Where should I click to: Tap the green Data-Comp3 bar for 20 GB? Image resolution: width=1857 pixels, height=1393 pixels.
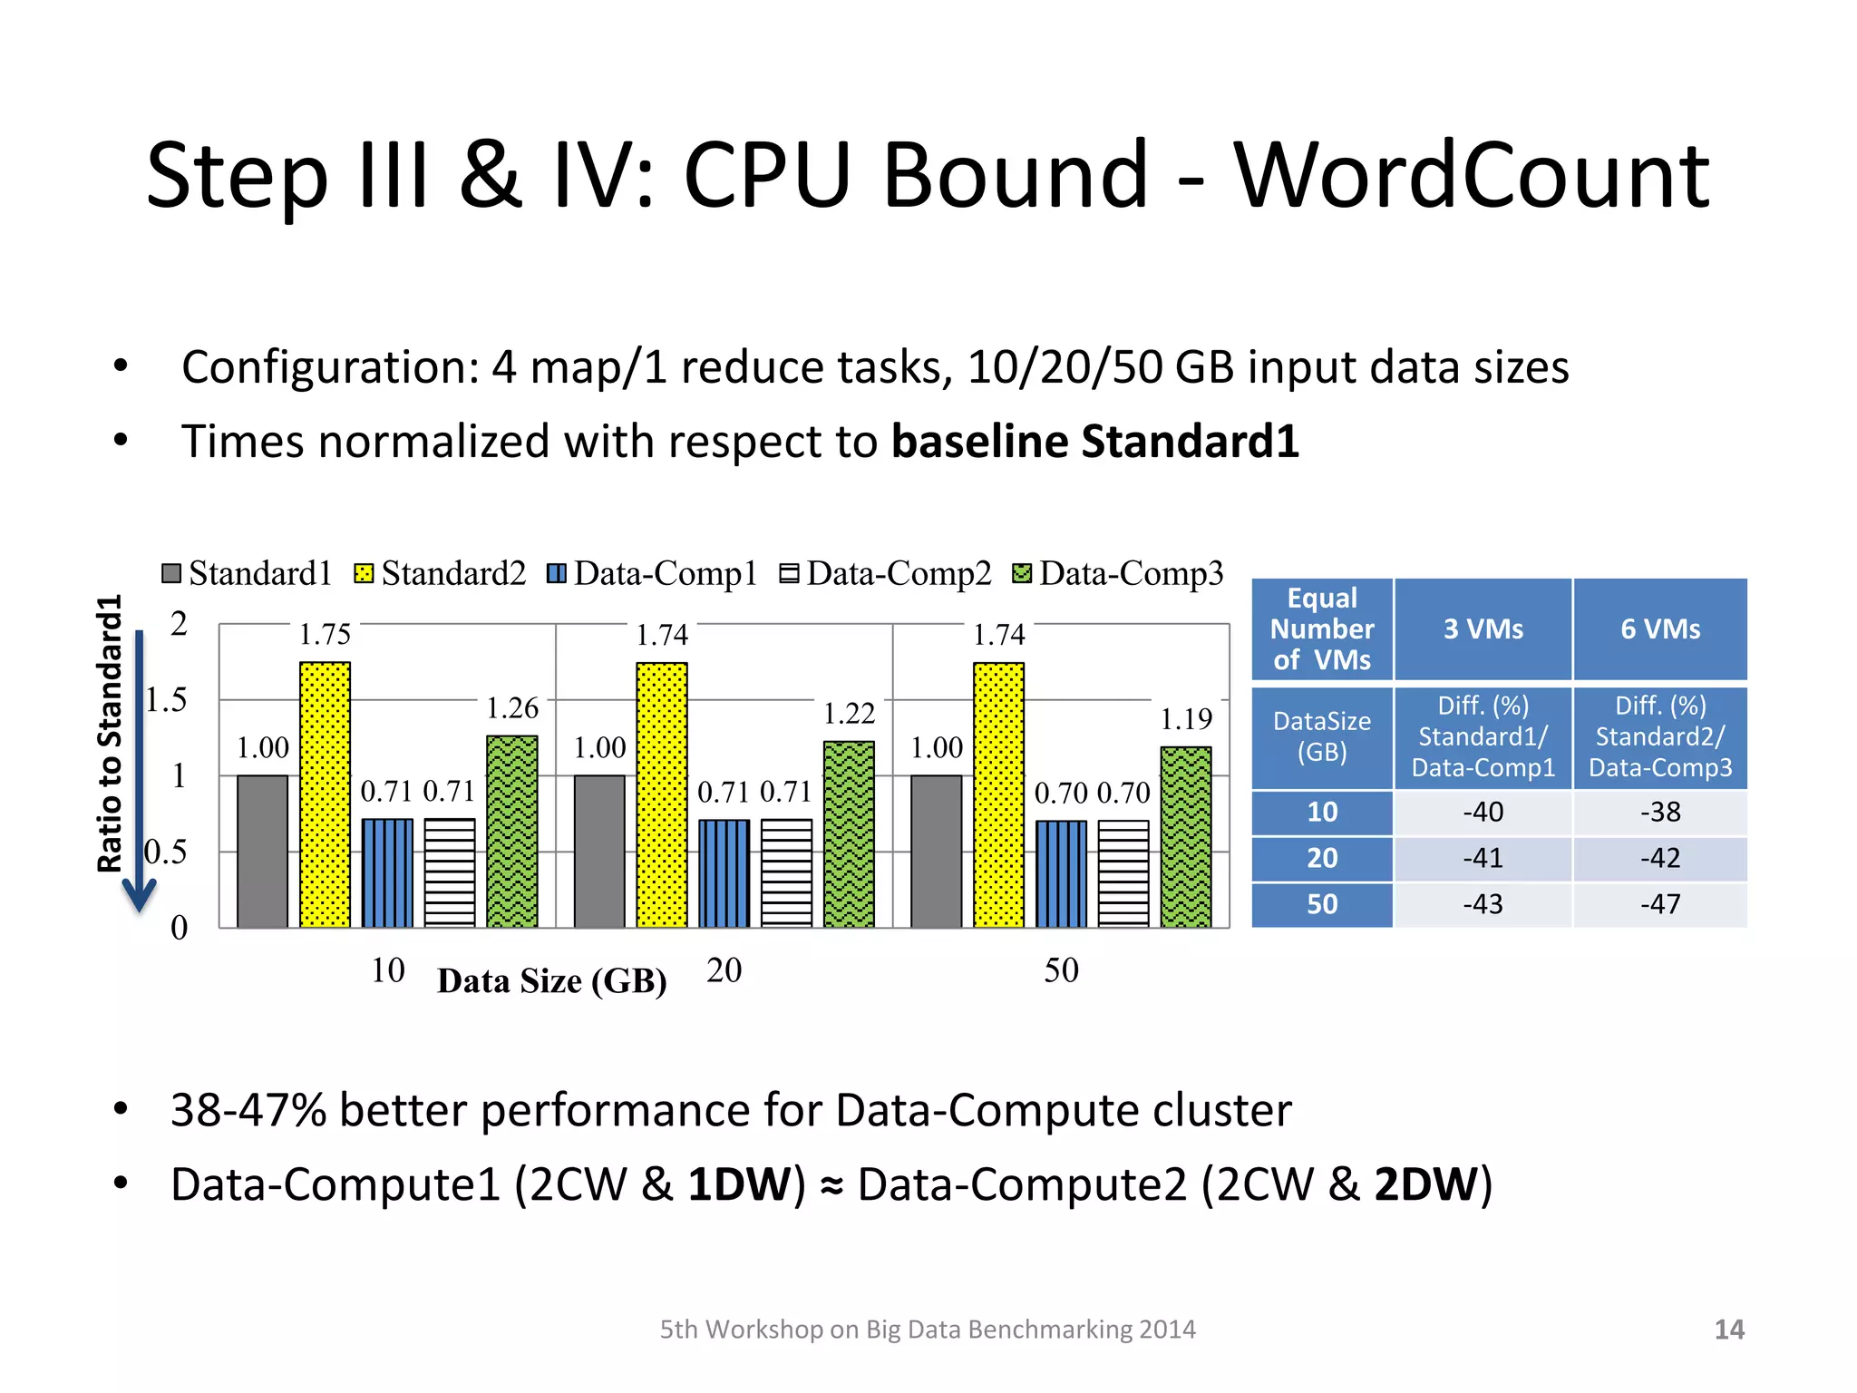coord(849,834)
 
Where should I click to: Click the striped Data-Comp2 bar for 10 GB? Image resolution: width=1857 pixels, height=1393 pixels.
coord(450,872)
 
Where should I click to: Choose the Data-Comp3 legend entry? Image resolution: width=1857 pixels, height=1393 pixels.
coord(1119,573)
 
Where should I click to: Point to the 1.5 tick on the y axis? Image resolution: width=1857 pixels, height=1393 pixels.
coord(167,700)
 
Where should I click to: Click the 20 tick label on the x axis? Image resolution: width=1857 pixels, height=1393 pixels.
coord(724,970)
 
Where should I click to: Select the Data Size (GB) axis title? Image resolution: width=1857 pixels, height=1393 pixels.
coord(551,981)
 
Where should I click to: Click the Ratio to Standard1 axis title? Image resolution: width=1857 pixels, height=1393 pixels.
coord(110,733)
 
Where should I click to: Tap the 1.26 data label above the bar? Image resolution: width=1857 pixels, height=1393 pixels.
coord(512,708)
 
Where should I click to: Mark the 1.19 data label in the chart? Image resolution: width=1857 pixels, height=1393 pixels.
coord(1186,719)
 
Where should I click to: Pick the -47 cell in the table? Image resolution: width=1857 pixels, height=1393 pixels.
coord(1659,904)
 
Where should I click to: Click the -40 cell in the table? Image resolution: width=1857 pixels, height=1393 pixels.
coord(1483,812)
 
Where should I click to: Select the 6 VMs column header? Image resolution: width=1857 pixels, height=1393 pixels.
coord(1659,628)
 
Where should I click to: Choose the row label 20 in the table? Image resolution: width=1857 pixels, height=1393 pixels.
coord(1322,858)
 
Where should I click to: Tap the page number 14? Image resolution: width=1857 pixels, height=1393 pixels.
coord(1729,1330)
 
